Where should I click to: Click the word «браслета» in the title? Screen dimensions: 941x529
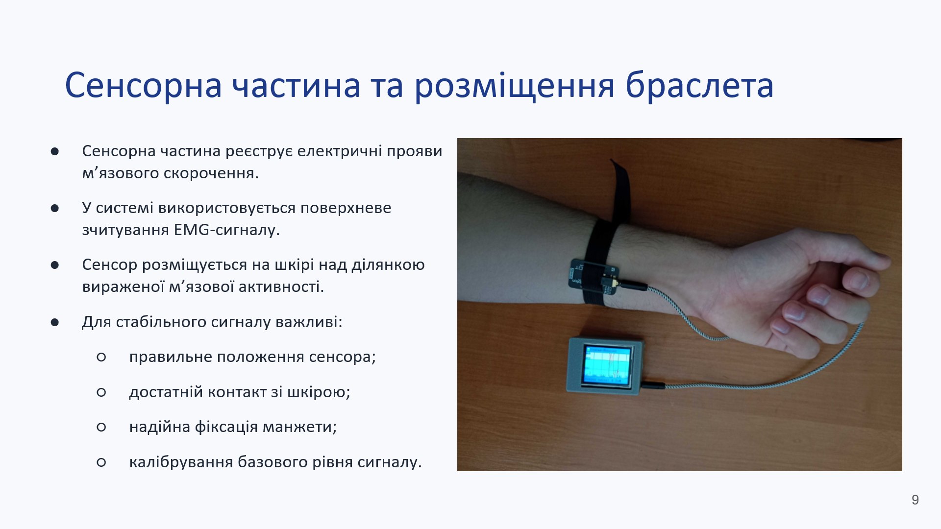click(x=699, y=86)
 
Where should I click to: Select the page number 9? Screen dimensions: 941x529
click(x=915, y=500)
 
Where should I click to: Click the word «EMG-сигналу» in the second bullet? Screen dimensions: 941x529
click(x=226, y=230)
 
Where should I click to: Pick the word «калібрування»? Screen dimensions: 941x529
click(x=181, y=462)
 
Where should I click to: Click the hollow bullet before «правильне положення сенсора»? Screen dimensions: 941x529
click(x=101, y=358)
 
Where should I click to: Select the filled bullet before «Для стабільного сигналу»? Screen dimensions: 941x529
click(x=54, y=322)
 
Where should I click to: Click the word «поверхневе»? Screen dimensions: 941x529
click(x=346, y=208)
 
